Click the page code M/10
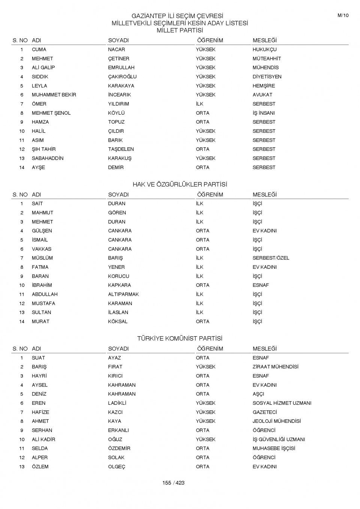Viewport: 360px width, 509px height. [x=343, y=15]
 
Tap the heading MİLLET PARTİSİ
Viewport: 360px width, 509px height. [x=180, y=30]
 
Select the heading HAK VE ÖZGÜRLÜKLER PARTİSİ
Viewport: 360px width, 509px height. [x=180, y=184]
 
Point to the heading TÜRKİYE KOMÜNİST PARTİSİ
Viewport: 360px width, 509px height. [x=180, y=338]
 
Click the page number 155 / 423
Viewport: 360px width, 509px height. [x=173, y=483]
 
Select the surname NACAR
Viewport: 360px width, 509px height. [x=117, y=49]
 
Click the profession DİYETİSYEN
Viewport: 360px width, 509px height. [x=267, y=77]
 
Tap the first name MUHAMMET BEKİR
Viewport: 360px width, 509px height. [x=54, y=95]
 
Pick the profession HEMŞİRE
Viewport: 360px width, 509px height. [x=264, y=86]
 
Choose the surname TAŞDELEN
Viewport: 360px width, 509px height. [x=121, y=149]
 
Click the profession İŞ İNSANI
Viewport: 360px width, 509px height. [x=264, y=113]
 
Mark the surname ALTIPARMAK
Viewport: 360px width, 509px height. [x=123, y=294]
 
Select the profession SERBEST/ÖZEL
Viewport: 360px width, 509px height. [x=271, y=258]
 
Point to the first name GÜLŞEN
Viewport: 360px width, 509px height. [x=42, y=231]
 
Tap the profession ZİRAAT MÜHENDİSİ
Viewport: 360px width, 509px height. [x=276, y=367]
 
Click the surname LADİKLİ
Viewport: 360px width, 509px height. [x=117, y=403]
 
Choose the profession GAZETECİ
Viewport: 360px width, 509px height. [x=265, y=412]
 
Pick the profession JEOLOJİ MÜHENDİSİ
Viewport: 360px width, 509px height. [x=277, y=421]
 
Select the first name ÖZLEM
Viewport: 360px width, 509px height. [x=40, y=467]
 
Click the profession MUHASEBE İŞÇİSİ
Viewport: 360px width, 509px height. [x=274, y=449]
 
